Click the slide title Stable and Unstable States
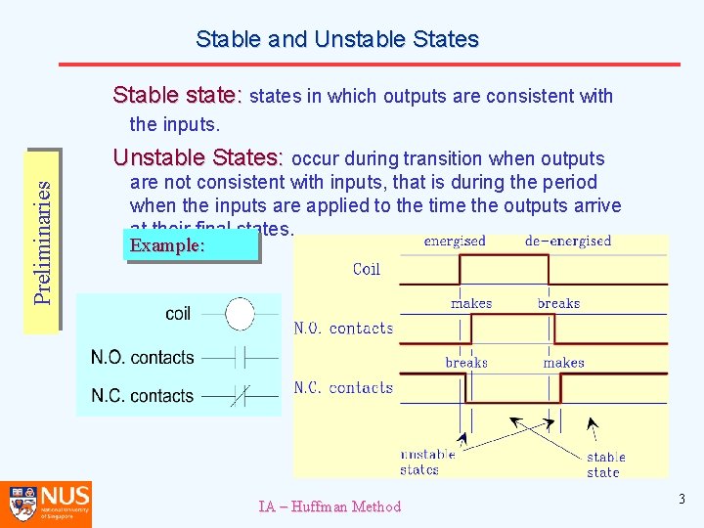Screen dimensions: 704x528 [337, 39]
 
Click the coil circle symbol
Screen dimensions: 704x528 [240, 314]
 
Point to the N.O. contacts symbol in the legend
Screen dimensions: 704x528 [240, 357]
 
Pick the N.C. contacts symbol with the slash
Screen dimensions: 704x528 [240, 396]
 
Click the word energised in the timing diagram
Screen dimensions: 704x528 [455, 242]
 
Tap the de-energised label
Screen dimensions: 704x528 [568, 242]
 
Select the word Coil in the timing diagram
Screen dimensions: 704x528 [366, 269]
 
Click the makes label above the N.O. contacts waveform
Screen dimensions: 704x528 [471, 303]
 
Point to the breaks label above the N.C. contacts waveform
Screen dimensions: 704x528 [466, 363]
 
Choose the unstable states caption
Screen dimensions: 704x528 [427, 462]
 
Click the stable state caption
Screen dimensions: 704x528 [605, 464]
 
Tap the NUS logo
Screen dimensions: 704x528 [47, 504]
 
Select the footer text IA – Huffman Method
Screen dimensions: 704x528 [330, 506]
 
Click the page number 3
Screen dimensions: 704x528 [682, 500]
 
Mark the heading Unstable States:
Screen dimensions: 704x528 [198, 157]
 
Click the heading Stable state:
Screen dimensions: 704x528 [176, 95]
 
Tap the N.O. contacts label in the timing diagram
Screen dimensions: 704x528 [343, 329]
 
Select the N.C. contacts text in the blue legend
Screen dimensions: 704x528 [143, 396]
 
